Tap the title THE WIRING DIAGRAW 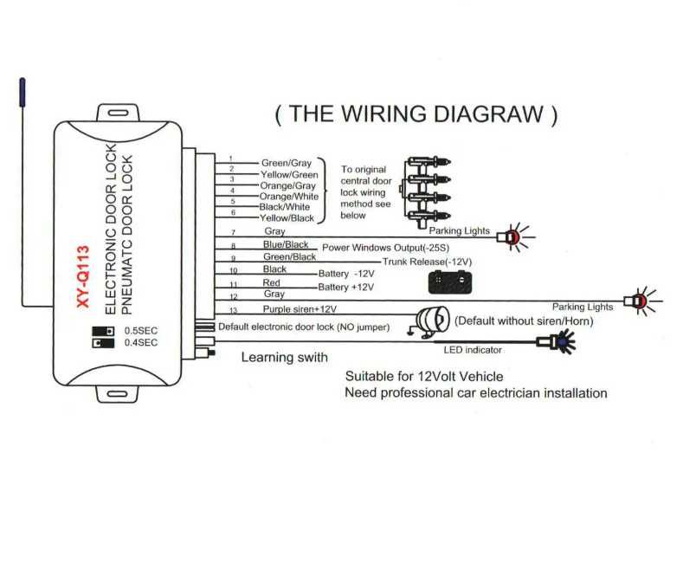(x=416, y=114)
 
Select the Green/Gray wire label (x=286, y=162)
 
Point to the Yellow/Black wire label (x=286, y=218)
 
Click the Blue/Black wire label (x=285, y=245)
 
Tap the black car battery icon (x=447, y=282)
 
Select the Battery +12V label (x=345, y=287)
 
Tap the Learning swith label (x=284, y=357)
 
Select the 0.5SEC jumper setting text (x=141, y=331)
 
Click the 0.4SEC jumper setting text (x=141, y=343)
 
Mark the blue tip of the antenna (x=20, y=92)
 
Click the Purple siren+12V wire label (x=300, y=308)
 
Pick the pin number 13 (x=232, y=311)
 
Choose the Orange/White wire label (x=288, y=196)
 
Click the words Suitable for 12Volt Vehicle (x=423, y=377)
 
